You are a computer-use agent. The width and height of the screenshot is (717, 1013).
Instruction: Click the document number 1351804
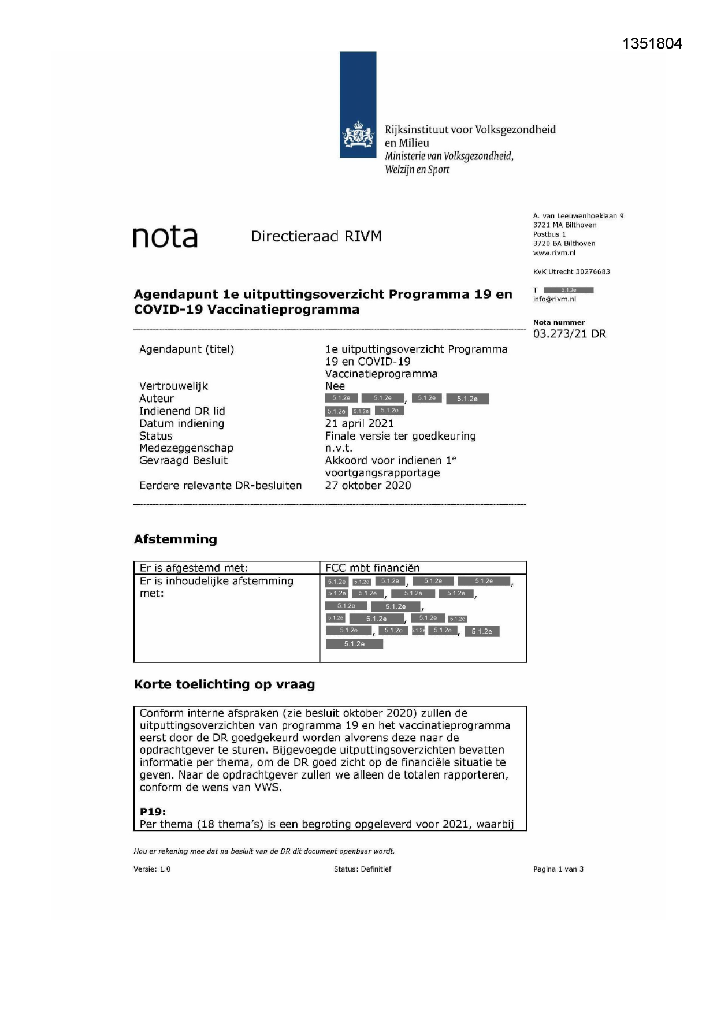652,44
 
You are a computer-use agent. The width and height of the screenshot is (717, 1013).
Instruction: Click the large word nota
165,237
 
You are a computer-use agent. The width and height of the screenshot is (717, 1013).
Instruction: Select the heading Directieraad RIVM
316,236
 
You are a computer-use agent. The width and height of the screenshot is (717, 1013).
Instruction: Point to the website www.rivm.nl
554,253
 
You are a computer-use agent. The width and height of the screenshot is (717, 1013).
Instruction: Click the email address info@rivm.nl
554,299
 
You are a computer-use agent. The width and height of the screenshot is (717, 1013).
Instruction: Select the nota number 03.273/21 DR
569,334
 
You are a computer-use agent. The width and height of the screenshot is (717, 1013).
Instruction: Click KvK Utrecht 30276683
571,271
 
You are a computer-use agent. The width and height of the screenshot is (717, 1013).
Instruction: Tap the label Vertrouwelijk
173,386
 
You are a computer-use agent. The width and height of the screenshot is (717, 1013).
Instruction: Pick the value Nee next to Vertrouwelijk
335,386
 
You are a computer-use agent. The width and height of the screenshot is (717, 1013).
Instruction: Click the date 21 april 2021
359,423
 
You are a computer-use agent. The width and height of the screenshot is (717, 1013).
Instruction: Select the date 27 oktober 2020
367,485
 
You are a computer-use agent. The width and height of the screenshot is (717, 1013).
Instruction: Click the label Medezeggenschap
186,448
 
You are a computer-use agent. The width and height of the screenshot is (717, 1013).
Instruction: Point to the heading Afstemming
175,539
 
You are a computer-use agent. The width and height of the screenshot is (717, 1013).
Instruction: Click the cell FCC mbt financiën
372,568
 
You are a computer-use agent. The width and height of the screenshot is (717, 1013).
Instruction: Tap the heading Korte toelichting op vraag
224,684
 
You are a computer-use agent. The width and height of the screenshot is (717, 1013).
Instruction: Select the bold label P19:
153,811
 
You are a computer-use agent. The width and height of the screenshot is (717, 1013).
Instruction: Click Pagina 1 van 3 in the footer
558,869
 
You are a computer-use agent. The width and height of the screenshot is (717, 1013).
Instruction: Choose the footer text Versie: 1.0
152,869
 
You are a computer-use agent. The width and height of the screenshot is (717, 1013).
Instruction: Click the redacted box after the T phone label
569,290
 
